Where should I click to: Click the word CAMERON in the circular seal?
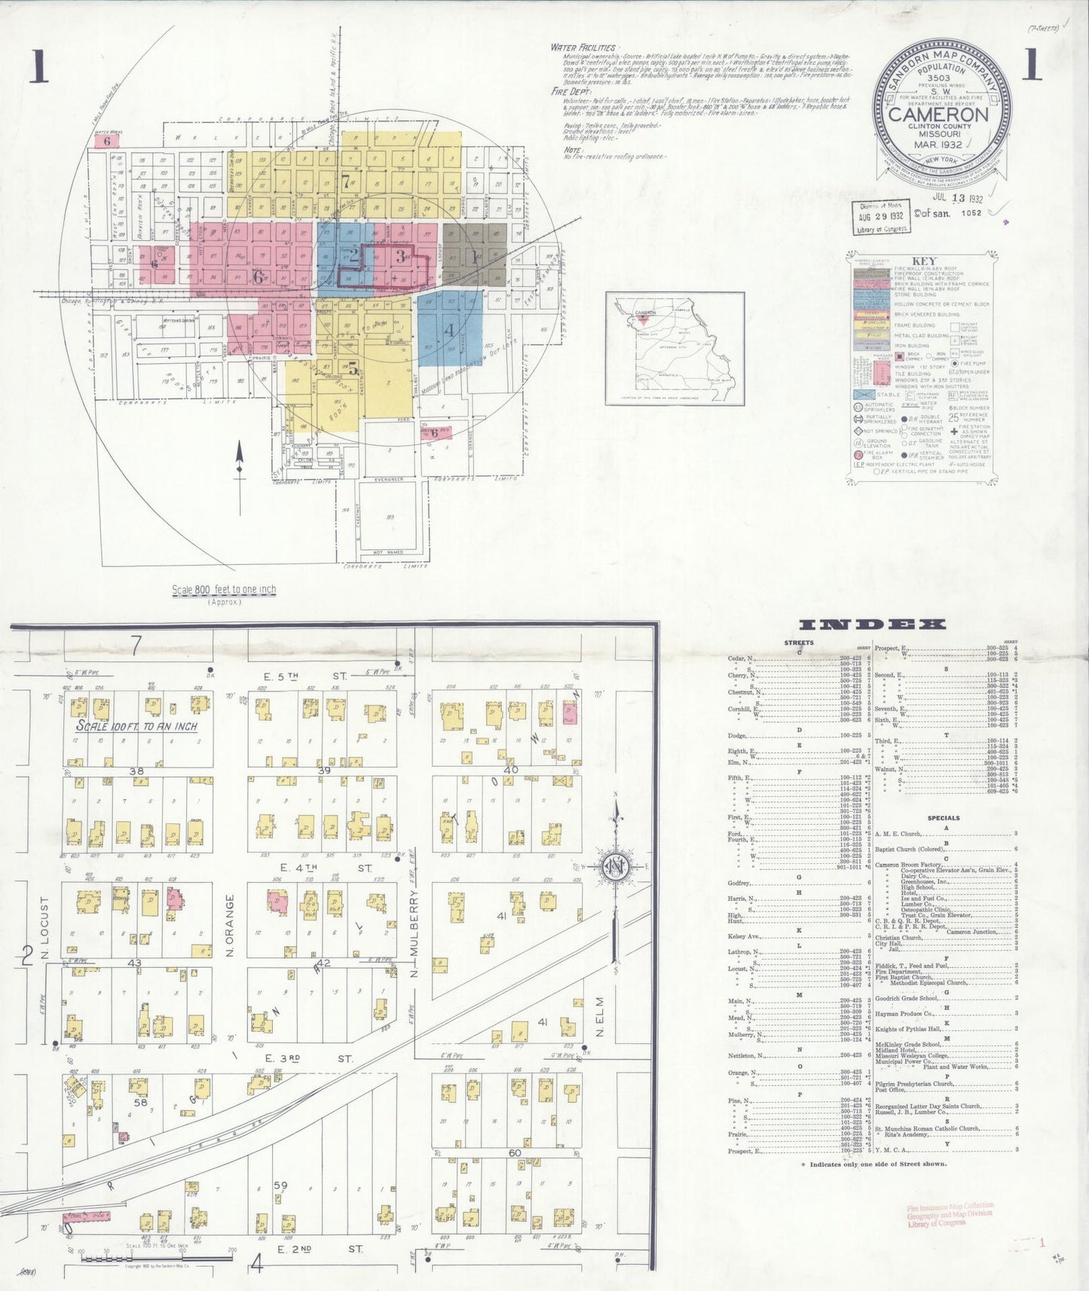click(x=938, y=115)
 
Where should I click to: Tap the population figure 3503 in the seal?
click(x=938, y=78)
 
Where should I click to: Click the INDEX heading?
click(x=871, y=624)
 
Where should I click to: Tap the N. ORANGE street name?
click(x=230, y=925)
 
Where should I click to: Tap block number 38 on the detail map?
click(x=136, y=771)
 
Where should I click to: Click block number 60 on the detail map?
click(x=515, y=1153)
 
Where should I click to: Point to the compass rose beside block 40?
click(x=616, y=867)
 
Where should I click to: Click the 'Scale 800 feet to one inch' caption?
click(x=224, y=590)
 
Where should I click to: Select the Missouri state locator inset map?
click(x=675, y=349)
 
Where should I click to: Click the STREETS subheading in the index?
click(x=799, y=642)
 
